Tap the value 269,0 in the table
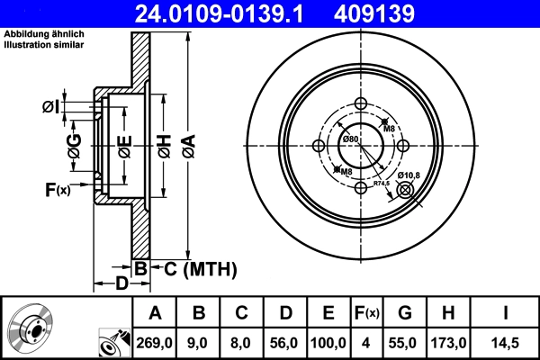(x=155, y=342)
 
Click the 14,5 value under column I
(x=507, y=342)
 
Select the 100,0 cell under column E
(x=328, y=342)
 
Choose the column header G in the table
(x=404, y=313)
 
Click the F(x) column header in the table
(x=366, y=313)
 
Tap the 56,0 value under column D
(x=285, y=342)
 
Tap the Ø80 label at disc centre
(x=351, y=139)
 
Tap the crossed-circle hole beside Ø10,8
(x=404, y=189)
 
